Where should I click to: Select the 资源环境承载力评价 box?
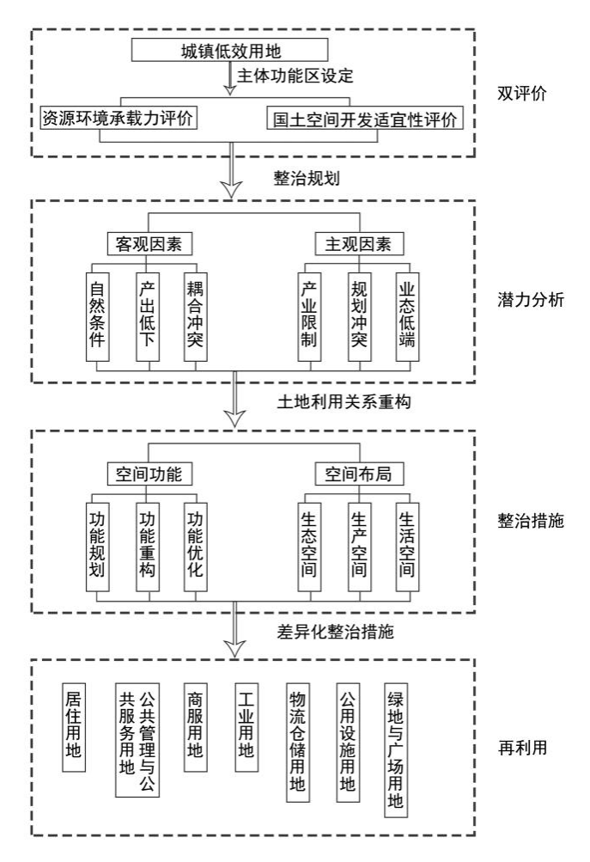pos(119,118)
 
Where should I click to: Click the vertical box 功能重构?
pos(148,546)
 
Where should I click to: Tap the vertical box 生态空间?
pos(310,546)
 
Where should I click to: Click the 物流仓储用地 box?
pos(298,743)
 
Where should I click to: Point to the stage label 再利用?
pos(524,748)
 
